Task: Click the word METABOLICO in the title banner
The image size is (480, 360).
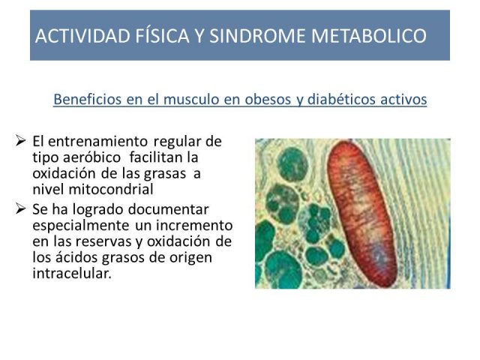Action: tap(368, 36)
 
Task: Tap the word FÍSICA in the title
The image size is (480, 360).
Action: tap(163, 35)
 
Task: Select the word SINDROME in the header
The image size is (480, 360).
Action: tap(257, 36)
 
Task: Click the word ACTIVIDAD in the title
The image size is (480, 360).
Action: tap(82, 36)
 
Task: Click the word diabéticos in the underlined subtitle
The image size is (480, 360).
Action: tap(341, 99)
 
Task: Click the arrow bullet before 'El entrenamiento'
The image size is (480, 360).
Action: tap(20, 141)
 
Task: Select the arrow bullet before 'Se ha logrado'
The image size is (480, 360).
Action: tap(20, 208)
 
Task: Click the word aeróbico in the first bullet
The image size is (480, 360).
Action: tap(91, 157)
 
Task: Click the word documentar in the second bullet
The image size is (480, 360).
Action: tap(168, 210)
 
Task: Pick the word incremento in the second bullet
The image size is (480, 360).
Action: tap(194, 226)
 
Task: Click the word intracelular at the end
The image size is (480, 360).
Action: tap(72, 273)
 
